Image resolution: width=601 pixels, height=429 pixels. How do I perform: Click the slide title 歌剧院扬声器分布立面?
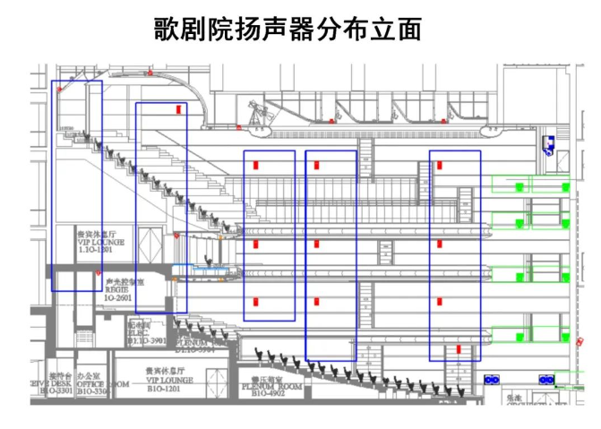(287, 30)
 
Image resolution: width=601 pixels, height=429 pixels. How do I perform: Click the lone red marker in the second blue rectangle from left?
(179, 108)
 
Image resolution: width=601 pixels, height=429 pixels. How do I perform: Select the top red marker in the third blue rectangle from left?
(255, 165)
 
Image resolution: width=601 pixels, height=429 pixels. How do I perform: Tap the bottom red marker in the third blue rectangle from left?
(255, 300)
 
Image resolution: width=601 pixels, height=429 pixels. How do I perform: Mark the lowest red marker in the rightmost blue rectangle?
(457, 348)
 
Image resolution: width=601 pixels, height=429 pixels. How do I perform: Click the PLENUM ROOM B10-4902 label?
(267, 387)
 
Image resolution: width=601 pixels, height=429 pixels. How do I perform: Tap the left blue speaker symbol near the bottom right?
(492, 379)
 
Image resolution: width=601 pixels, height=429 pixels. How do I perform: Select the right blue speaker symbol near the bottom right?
(545, 379)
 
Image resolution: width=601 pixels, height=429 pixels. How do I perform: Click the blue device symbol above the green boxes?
(547, 144)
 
